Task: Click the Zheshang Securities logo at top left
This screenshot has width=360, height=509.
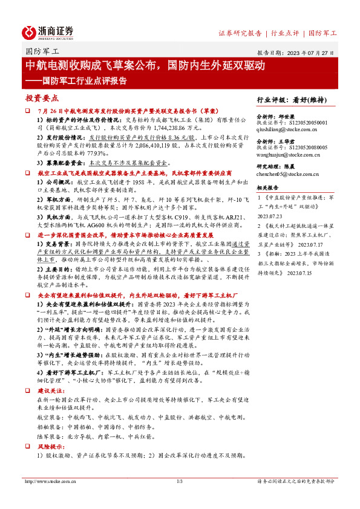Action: click(x=48, y=31)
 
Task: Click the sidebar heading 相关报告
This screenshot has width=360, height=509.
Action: click(x=267, y=187)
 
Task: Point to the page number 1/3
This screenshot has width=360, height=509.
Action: click(x=180, y=481)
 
